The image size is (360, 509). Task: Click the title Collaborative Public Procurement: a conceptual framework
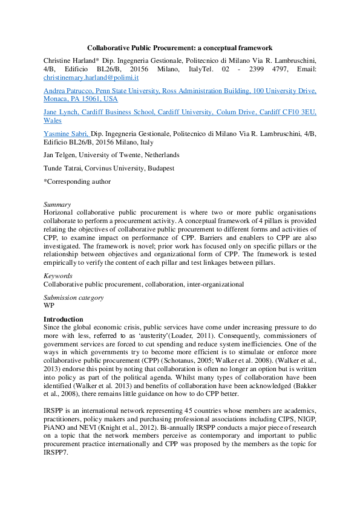[x=180, y=47]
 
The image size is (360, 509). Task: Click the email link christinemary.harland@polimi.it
[x=91, y=78]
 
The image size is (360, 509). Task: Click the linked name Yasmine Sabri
[x=66, y=134]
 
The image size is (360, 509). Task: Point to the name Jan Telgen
[x=59, y=155]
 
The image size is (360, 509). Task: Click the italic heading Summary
[x=57, y=204]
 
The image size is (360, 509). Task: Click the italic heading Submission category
[x=74, y=297]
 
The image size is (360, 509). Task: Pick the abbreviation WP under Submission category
[x=49, y=305]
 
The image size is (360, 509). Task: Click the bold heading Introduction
[x=64, y=319]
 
